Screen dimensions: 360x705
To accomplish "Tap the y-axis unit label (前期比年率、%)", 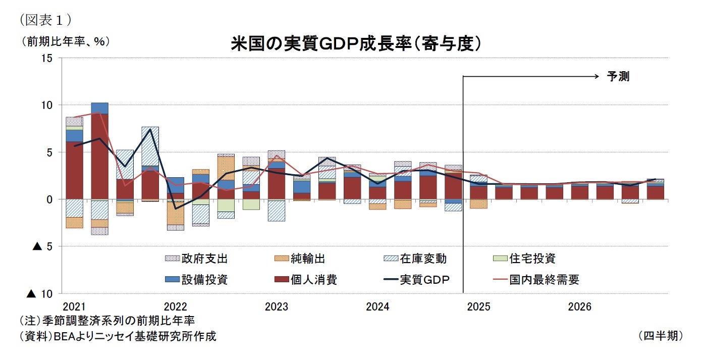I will (65, 41).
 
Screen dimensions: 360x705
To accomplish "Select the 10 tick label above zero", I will (47, 105).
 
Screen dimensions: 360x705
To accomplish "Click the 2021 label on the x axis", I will (74, 306).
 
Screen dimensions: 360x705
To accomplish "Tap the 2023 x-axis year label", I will (276, 306).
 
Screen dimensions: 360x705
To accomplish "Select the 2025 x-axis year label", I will (478, 306).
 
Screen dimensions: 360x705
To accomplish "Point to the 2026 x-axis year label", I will (579, 306).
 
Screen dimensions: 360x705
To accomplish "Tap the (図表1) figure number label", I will (45, 20).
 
